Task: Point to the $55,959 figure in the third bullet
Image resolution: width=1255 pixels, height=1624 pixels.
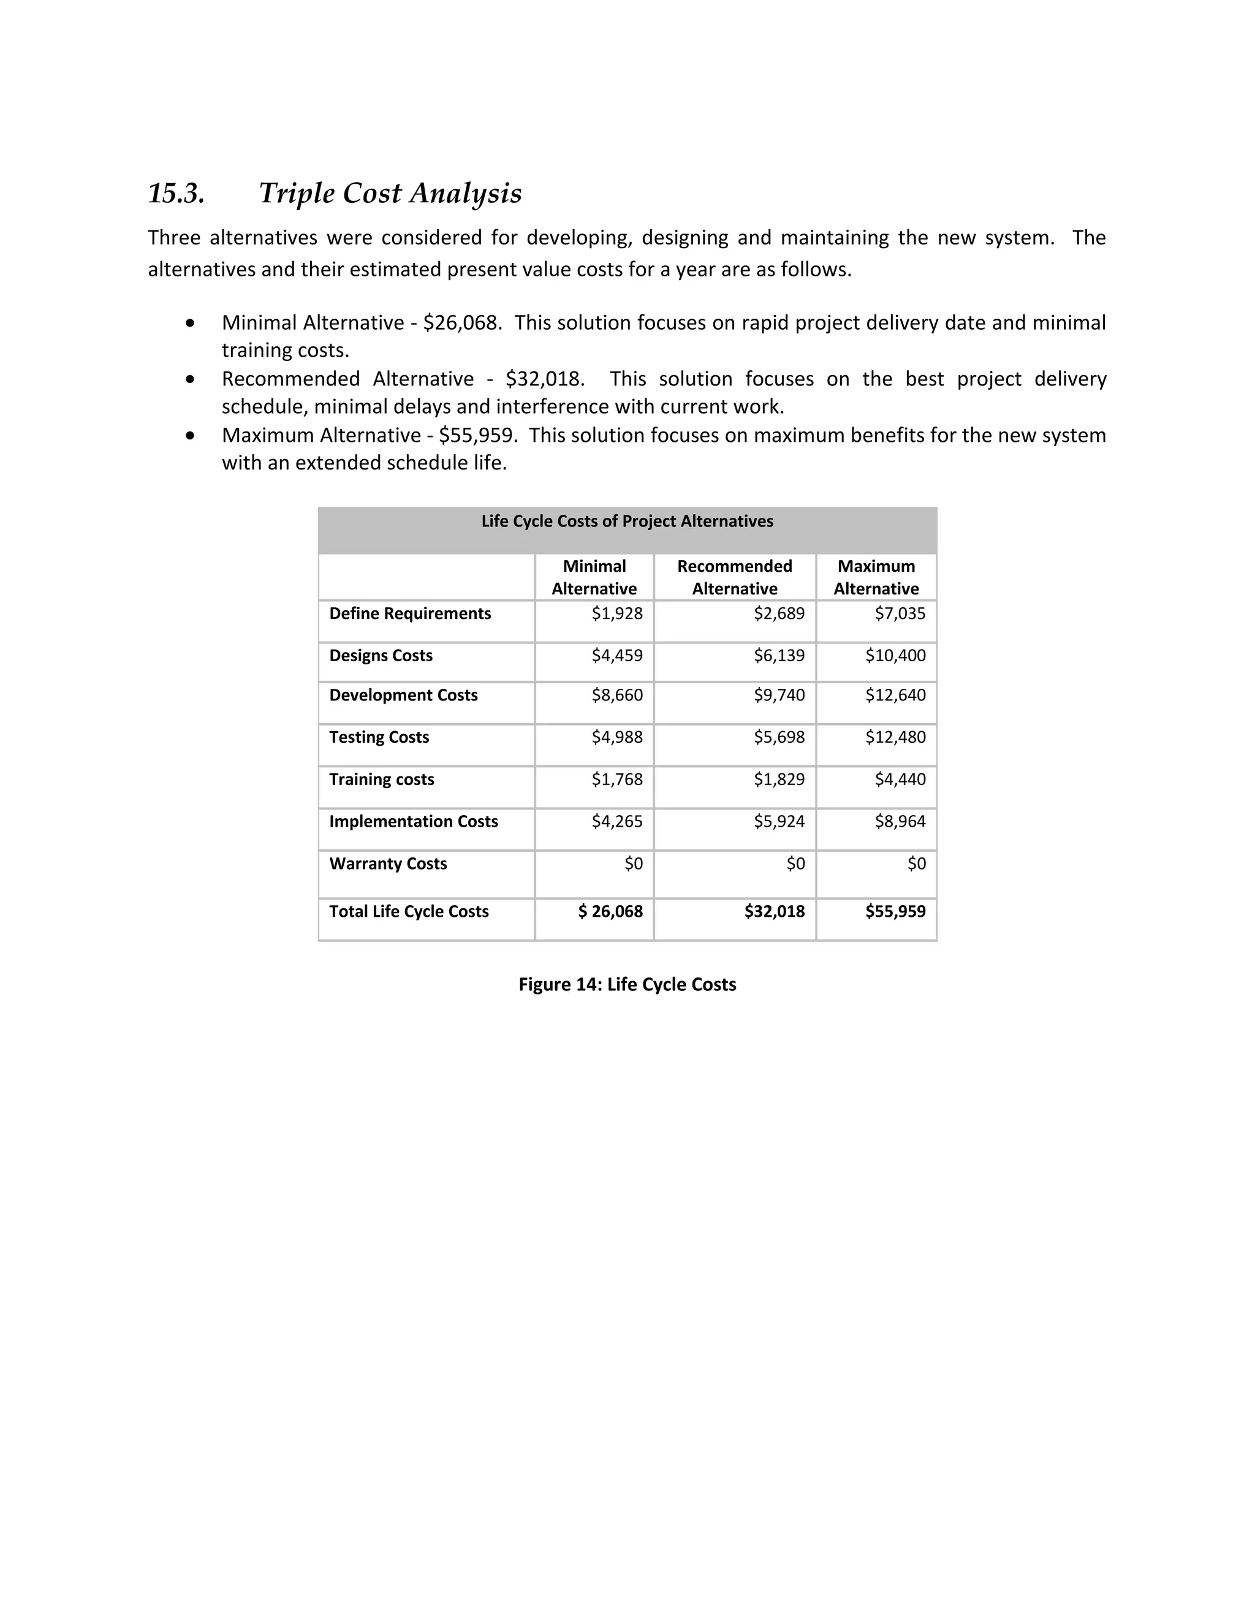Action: tap(477, 435)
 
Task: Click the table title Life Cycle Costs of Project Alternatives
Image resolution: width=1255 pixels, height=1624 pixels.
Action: tap(627, 522)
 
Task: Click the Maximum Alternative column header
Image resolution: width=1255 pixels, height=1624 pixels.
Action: tap(876, 577)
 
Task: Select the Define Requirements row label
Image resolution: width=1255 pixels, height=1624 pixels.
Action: tap(410, 613)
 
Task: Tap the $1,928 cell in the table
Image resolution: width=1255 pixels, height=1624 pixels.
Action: tap(616, 613)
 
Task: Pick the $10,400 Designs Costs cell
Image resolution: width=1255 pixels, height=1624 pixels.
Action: tap(895, 656)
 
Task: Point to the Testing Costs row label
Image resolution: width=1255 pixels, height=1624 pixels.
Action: tap(379, 738)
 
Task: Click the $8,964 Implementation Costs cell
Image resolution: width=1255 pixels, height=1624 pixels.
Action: tap(900, 822)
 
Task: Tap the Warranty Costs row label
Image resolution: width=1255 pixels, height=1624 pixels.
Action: tap(387, 864)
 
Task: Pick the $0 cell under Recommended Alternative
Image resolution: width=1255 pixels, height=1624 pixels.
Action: tap(795, 864)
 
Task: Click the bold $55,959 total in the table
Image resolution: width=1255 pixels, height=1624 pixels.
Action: tap(895, 912)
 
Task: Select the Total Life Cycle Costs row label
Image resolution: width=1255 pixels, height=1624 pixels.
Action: tap(408, 912)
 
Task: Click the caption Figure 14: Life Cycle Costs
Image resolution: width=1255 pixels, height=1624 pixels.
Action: tap(627, 985)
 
